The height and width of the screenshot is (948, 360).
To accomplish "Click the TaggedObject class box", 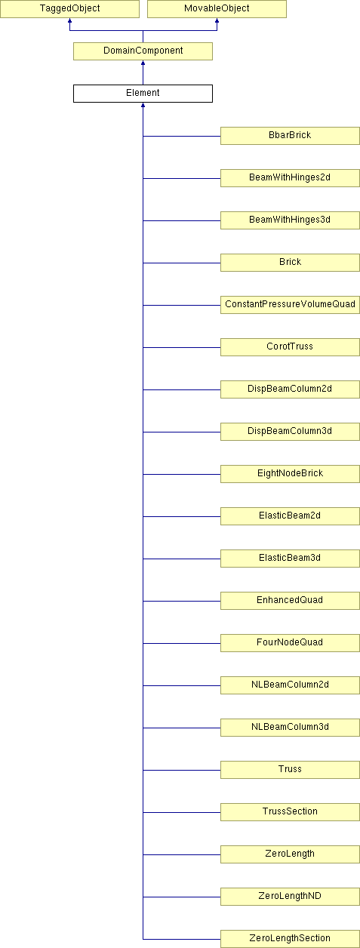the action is point(69,9).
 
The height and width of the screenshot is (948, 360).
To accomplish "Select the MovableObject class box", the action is point(217,9).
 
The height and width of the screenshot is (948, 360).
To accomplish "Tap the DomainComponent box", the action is point(143,51).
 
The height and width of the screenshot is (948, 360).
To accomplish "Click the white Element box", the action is point(143,94).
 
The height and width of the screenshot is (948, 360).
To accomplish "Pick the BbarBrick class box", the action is point(290,136).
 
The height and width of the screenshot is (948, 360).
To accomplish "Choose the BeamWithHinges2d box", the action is point(290,178).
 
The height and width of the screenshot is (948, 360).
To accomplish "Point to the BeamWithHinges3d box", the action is point(290,220).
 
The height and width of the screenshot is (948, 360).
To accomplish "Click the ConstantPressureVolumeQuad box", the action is point(290,305).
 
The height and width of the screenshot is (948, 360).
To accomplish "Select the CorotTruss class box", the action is point(290,347).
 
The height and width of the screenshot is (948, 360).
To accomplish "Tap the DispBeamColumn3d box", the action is point(290,432).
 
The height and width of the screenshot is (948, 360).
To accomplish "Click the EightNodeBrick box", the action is point(290,474).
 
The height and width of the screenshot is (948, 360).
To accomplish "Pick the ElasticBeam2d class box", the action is point(290,516).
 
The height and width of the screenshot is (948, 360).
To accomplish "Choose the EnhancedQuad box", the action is point(290,601).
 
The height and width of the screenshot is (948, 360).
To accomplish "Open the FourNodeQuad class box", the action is point(290,643).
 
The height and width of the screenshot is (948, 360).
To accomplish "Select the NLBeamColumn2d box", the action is point(290,685).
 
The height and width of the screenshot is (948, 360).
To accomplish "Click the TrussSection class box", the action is point(290,812).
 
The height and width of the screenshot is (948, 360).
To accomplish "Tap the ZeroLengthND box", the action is point(290,897).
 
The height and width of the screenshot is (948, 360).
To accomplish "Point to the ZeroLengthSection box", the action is point(290,939).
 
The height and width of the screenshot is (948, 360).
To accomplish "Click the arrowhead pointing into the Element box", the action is point(143,105).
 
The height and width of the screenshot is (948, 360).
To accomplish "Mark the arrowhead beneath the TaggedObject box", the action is point(69,20).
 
